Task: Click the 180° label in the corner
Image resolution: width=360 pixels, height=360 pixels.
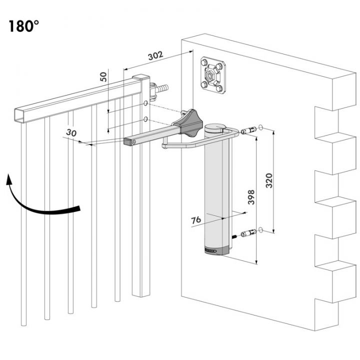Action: pos(24,26)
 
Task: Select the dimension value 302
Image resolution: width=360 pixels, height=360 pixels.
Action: pos(155,55)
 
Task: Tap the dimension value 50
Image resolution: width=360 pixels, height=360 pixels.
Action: pos(103,76)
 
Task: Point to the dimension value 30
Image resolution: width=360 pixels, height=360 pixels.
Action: pos(71,132)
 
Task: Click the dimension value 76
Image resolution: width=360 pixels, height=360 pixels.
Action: pos(196,220)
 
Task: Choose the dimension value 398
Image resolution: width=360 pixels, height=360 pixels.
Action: pos(251,197)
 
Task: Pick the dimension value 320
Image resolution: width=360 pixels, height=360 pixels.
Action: pos(269,180)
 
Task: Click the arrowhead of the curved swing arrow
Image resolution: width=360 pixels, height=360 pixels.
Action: pos(8,179)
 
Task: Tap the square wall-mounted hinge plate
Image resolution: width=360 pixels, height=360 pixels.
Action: pos(213,75)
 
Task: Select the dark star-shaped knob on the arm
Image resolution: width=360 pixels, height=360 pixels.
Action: pos(188,123)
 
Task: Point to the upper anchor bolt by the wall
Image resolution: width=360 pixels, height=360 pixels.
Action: pos(248,130)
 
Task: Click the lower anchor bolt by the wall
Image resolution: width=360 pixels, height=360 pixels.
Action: pos(248,233)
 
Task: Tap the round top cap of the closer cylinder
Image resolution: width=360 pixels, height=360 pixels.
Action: pos(216,128)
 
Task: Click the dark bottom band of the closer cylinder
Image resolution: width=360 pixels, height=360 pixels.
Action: pos(216,250)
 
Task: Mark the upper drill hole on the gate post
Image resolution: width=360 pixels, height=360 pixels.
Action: pos(145,103)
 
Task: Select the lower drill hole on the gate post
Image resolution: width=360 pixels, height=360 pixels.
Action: pos(145,119)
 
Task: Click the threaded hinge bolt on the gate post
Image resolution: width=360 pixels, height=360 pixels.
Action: pos(159,90)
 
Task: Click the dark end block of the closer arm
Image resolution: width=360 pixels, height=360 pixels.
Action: pos(130,141)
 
